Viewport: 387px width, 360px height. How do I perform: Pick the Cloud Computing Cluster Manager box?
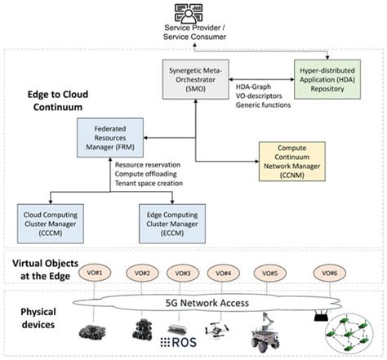coord(51,220)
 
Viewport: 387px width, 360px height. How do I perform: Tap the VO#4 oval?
coord(222,273)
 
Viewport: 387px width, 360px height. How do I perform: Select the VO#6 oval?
coord(331,273)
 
